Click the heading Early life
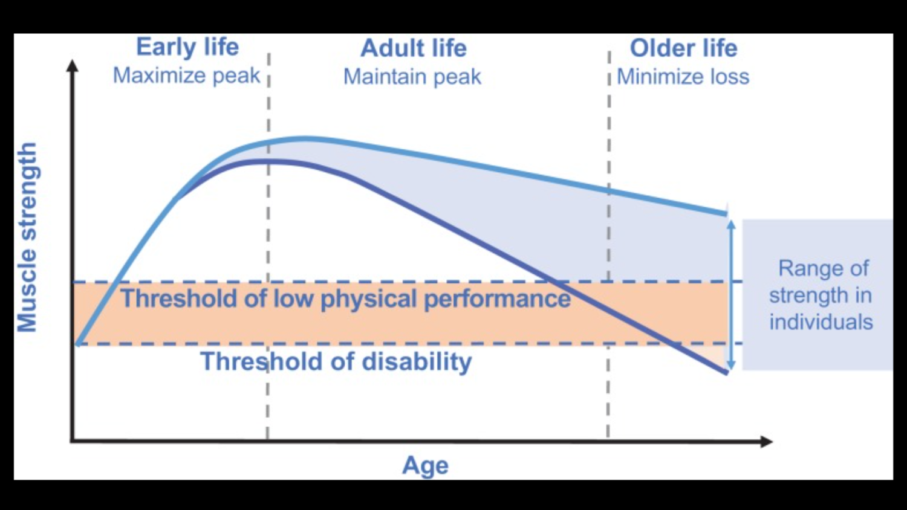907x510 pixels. [x=187, y=47]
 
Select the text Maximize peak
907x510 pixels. [x=186, y=76]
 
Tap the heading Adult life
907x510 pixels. [x=414, y=48]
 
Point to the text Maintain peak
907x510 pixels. [x=412, y=77]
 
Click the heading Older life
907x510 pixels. [x=683, y=48]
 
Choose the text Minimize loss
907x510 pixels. [x=683, y=77]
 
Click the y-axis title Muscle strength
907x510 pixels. [x=27, y=237]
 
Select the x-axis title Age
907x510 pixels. [x=425, y=466]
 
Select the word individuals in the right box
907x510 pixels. [x=821, y=322]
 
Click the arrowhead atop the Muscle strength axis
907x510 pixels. [x=73, y=65]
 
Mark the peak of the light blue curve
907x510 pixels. [x=306, y=139]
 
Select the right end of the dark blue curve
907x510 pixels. [x=726, y=373]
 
